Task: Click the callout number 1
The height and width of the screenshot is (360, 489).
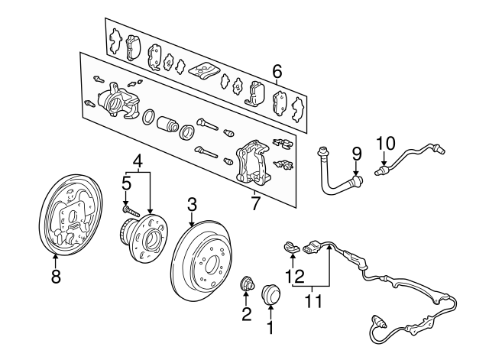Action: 269,329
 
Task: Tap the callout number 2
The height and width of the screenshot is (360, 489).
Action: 246,313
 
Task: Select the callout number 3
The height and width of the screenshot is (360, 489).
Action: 192,204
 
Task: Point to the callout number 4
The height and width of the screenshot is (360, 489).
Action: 138,161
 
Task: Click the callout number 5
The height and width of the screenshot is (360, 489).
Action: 126,183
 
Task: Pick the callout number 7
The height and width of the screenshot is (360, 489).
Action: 256,203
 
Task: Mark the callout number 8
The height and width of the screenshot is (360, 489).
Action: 55,278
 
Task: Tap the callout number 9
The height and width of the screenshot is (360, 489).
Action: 355,153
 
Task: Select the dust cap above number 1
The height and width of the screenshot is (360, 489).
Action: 270,294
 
